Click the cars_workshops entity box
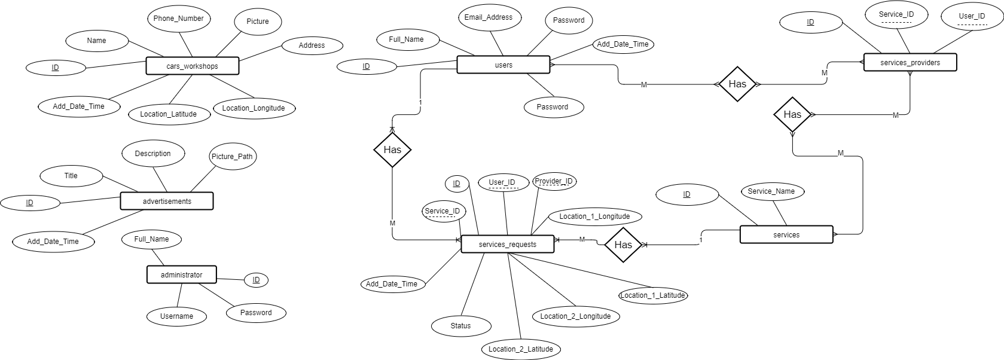[x=192, y=66]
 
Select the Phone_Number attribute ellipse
[x=178, y=19]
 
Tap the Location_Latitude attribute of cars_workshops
[x=168, y=114]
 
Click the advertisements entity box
[x=167, y=202]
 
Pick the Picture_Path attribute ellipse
[x=232, y=157]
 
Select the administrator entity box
[x=181, y=275]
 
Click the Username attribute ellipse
[x=176, y=316]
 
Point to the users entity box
[x=503, y=65]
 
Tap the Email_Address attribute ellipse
[x=488, y=17]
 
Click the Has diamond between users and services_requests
[x=392, y=150]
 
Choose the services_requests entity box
[x=507, y=244]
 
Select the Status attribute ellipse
[x=460, y=326]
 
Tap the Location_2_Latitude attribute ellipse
[x=520, y=349]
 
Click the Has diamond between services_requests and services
[x=623, y=245]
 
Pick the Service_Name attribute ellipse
[x=771, y=191]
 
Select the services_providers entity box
[x=910, y=63]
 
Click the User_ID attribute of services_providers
[x=971, y=16]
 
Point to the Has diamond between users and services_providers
[x=737, y=84]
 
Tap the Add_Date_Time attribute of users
[x=622, y=44]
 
